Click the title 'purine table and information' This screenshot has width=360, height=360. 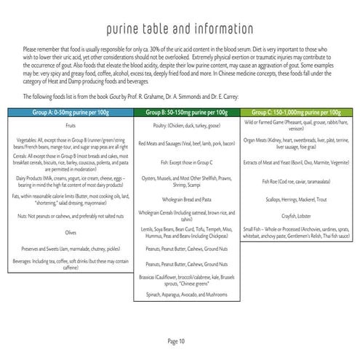tap(180, 29)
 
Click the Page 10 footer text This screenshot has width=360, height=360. tap(180, 340)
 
